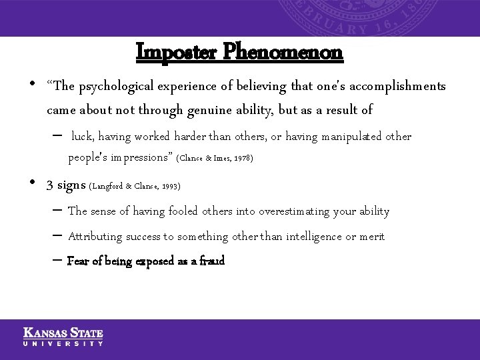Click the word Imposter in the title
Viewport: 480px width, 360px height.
(177, 52)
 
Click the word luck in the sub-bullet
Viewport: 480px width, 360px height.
(82, 137)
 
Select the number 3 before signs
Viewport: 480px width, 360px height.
(50, 185)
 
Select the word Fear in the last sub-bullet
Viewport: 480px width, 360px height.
(78, 261)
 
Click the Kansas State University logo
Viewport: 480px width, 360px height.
(63, 337)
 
